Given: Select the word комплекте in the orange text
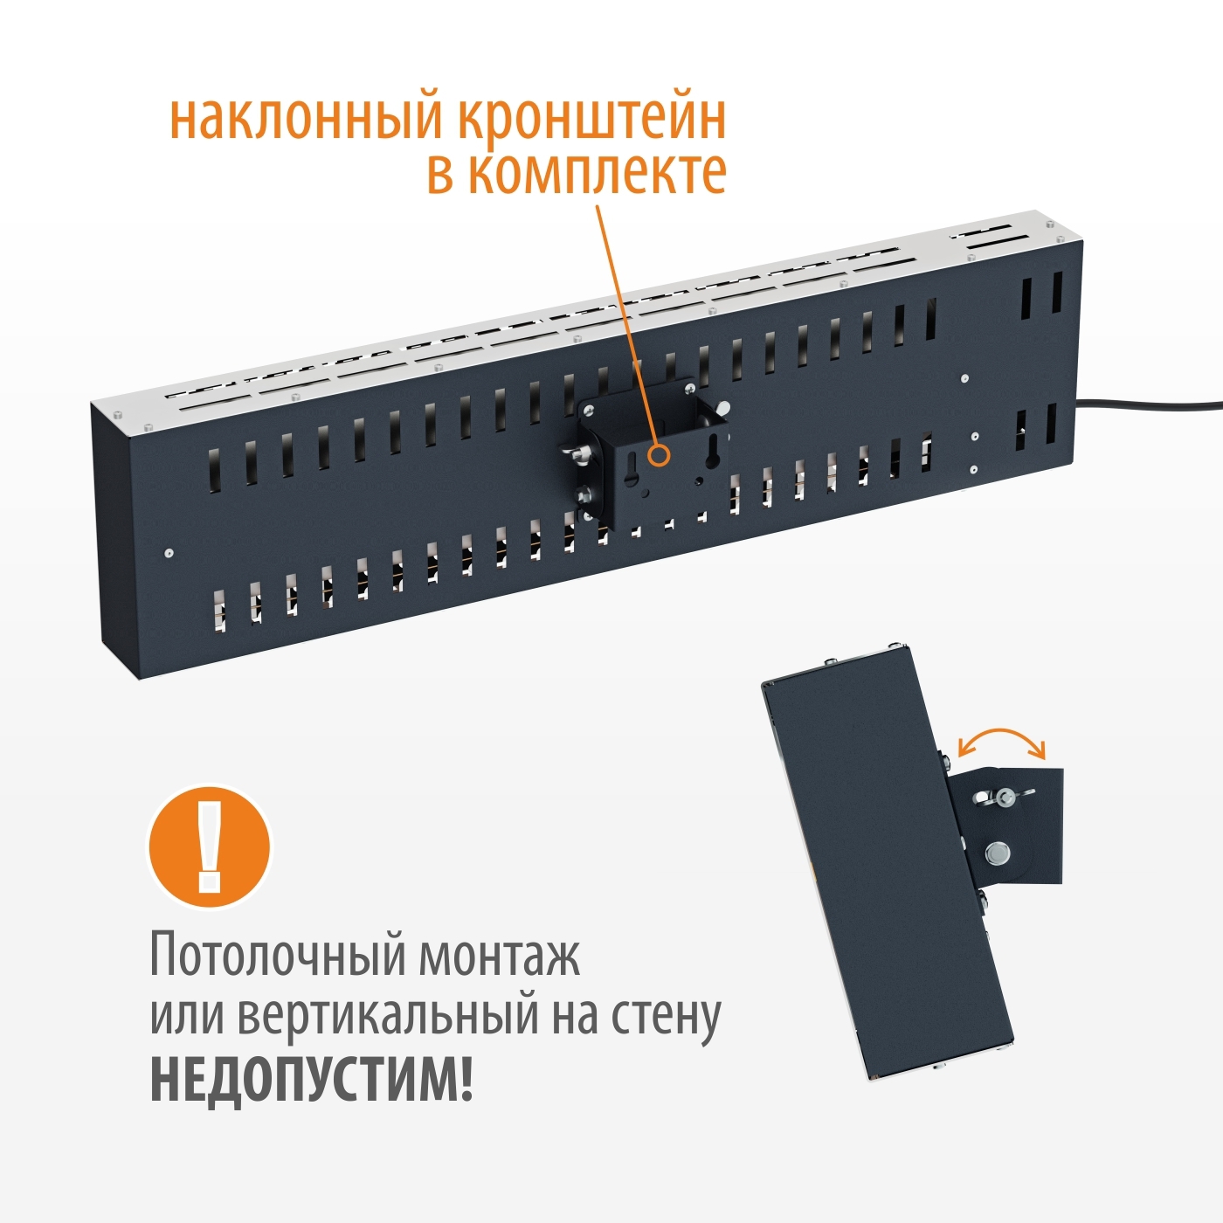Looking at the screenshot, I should click(597, 172).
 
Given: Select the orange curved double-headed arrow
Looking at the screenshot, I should click(1001, 740).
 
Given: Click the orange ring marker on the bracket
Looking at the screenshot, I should click(659, 455).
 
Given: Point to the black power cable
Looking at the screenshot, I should click(1153, 404).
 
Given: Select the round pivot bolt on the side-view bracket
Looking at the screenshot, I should click(997, 852).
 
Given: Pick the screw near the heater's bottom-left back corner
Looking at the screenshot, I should click(169, 552).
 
